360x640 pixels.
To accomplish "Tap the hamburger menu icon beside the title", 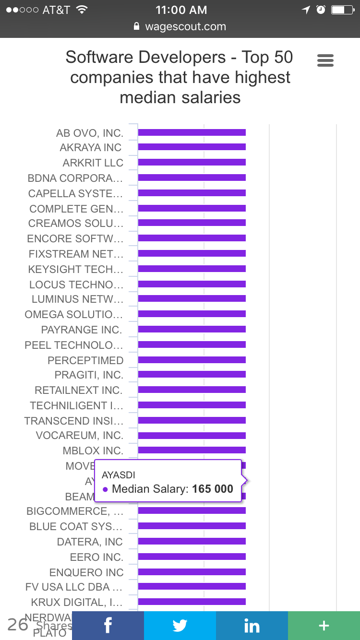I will pyautogui.click(x=325, y=60).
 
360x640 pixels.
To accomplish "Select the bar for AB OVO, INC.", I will pyautogui.click(x=192, y=132).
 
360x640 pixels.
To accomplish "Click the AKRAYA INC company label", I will pyautogui.click(x=91, y=147).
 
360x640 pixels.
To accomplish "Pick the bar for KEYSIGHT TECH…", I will pyautogui.click(x=192, y=269).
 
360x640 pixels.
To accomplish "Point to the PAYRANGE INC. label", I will pyautogui.click(x=82, y=330).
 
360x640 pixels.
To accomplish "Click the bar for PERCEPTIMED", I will pyautogui.click(x=192, y=360).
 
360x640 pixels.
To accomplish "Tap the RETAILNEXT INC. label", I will pyautogui.click(x=79, y=390).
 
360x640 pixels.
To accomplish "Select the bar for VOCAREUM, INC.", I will pyautogui.click(x=192, y=435).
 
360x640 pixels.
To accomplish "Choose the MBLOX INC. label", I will pyautogui.click(x=93, y=450).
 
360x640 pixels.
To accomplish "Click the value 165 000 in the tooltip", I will pyautogui.click(x=213, y=489).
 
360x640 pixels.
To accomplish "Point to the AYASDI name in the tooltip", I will pyautogui.click(x=119, y=474).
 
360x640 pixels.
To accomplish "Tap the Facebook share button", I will pyautogui.click(x=108, y=626).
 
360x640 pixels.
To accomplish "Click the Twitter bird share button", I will pyautogui.click(x=180, y=626).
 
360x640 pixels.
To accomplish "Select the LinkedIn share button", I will pyautogui.click(x=252, y=626).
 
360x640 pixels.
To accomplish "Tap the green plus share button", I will pyautogui.click(x=324, y=626).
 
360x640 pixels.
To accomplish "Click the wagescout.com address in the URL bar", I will pyautogui.click(x=185, y=27).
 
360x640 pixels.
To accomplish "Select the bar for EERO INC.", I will pyautogui.click(x=192, y=557).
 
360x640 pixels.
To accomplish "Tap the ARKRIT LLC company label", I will pyautogui.click(x=93, y=163).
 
